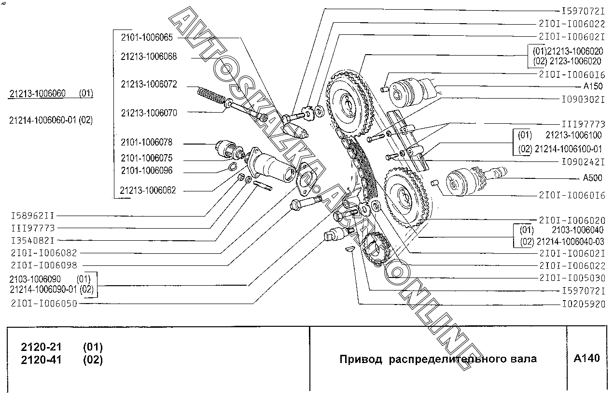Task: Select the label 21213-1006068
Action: pyautogui.click(x=149, y=57)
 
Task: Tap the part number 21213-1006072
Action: pyautogui.click(x=149, y=84)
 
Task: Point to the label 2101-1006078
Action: pyautogui.click(x=146, y=143)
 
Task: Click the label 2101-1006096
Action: pyautogui.click(x=146, y=171)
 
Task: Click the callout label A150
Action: pyautogui.click(x=593, y=86)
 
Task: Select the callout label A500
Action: pyautogui.click(x=592, y=178)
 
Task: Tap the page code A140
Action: pyautogui.click(x=586, y=358)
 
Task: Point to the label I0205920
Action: pyautogui.click(x=583, y=305)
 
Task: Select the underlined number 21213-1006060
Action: pyautogui.click(x=37, y=93)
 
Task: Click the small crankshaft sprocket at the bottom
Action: pyautogui.click(x=375, y=248)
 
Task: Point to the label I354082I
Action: pyautogui.click(x=33, y=240)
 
